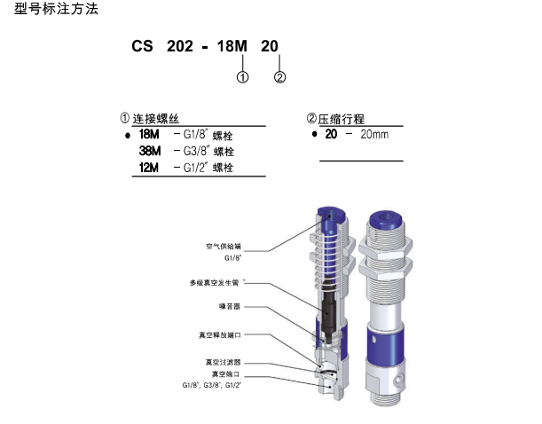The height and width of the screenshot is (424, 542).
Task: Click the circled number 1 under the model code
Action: click(x=242, y=77)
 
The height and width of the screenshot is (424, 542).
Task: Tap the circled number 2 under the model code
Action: click(x=279, y=77)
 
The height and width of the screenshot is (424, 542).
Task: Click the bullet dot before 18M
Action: click(x=126, y=136)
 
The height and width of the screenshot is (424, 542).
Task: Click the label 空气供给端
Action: click(x=223, y=246)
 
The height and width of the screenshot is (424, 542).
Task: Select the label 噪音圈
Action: click(x=230, y=306)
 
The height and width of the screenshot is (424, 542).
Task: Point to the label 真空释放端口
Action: click(x=220, y=335)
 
